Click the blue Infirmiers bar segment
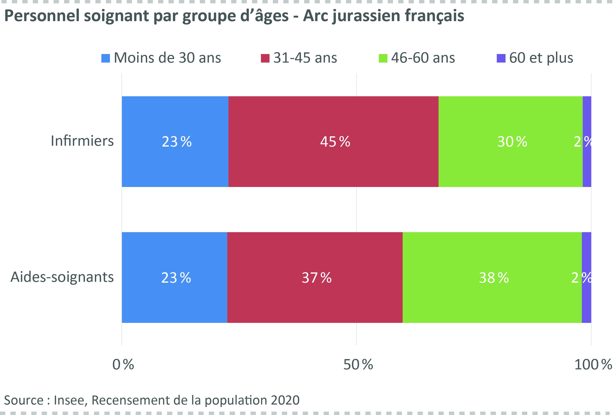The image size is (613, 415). [x=175, y=142]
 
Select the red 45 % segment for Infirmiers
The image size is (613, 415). [x=333, y=142]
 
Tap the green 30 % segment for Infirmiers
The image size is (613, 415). [x=510, y=142]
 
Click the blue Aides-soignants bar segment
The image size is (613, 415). [x=174, y=277]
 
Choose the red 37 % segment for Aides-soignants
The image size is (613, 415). [x=315, y=277]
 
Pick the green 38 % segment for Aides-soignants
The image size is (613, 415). [x=492, y=277]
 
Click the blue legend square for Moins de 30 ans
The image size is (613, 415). [x=106, y=58]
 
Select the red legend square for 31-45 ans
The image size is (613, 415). [x=265, y=58]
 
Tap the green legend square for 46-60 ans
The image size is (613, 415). [x=383, y=58]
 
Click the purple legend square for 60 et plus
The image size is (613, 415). [x=501, y=58]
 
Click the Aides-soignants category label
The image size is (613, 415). [x=62, y=277]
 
